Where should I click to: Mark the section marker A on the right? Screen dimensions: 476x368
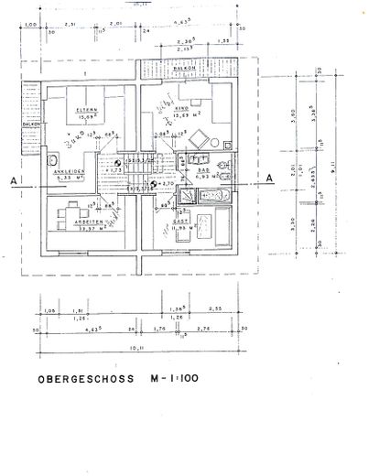point(269,178)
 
